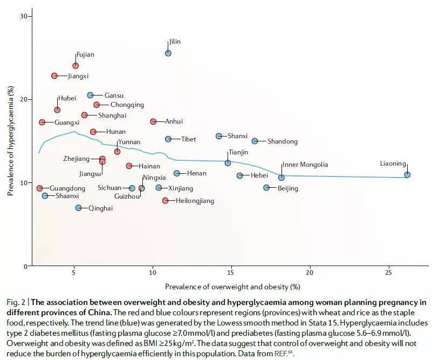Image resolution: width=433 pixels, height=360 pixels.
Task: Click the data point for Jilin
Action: (x=168, y=53)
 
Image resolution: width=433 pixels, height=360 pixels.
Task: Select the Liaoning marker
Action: (x=407, y=174)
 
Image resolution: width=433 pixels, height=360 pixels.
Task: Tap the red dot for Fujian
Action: (x=75, y=66)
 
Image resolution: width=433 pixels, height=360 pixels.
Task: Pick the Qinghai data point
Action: (x=79, y=208)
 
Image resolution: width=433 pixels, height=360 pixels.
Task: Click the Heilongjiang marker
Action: (x=165, y=201)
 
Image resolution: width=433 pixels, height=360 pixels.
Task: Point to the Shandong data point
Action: (x=255, y=141)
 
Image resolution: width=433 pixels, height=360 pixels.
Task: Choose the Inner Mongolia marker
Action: (x=281, y=178)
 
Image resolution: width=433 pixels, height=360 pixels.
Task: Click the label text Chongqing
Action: (x=127, y=105)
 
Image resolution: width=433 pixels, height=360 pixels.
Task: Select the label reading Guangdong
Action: (x=67, y=188)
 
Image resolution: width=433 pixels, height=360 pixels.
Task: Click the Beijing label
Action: (x=287, y=188)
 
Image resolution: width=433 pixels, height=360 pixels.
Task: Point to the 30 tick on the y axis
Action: (x=23, y=16)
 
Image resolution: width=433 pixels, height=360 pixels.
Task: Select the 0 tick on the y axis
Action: (x=25, y=266)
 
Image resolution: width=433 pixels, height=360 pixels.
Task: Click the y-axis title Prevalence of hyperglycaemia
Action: (x=9, y=141)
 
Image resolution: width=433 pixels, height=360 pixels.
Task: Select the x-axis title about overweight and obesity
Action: (x=232, y=286)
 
